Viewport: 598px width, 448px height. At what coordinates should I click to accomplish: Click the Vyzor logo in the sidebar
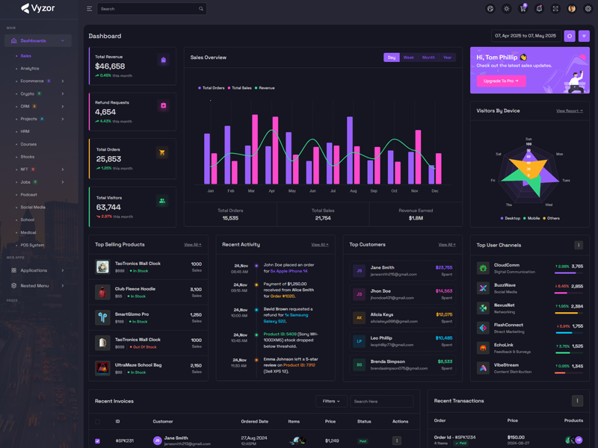38,9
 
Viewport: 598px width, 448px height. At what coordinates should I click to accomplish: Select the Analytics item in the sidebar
30,69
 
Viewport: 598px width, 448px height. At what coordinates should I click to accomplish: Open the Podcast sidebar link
29,195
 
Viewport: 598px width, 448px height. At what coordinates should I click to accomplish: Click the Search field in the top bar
149,9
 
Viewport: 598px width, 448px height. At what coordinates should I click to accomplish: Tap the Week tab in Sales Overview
408,57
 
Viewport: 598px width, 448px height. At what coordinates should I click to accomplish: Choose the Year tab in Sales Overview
447,57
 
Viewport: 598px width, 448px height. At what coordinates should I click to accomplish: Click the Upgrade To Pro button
500,81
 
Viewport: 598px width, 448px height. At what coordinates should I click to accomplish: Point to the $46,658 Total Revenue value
110,66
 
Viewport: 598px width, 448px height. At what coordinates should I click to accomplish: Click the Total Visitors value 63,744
108,208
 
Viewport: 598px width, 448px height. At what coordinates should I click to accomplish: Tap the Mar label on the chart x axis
251,191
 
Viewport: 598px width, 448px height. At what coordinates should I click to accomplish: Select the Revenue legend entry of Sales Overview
266,88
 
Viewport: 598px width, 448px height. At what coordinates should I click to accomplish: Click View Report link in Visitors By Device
570,111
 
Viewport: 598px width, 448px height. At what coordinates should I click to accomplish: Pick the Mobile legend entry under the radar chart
533,219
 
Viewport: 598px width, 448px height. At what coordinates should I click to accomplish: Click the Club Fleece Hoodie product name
135,289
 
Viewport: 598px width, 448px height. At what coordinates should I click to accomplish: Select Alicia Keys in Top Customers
382,315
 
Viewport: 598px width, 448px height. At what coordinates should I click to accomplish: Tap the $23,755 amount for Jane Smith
444,267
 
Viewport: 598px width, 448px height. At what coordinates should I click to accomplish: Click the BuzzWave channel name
505,285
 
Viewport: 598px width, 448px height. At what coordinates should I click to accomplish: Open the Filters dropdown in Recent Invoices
331,401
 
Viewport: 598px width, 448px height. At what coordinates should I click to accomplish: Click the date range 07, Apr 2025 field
525,36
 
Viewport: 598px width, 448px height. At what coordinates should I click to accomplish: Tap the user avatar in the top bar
572,9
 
